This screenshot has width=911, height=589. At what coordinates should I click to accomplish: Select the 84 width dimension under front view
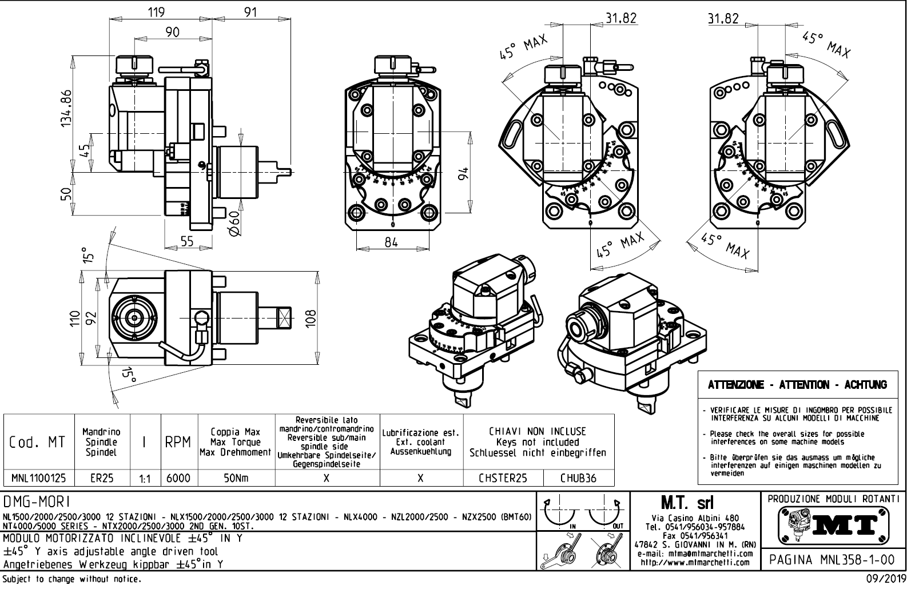click(x=391, y=242)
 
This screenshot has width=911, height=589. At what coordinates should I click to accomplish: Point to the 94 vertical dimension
click(x=464, y=173)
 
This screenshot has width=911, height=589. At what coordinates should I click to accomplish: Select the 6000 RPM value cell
click(x=178, y=478)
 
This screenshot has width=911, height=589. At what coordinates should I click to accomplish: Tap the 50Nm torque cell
click(x=236, y=478)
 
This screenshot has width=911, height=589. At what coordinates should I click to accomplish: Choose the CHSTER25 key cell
click(x=503, y=478)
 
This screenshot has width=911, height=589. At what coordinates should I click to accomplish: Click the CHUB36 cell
click(x=578, y=478)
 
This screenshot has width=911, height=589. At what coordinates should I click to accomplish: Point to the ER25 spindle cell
click(x=102, y=478)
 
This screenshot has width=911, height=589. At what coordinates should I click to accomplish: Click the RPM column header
click(x=178, y=442)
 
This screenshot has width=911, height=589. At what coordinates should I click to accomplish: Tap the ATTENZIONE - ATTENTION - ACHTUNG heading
click(x=797, y=385)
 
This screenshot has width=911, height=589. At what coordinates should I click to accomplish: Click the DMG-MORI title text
click(x=37, y=502)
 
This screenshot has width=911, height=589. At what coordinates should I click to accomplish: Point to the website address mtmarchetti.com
click(x=695, y=563)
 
